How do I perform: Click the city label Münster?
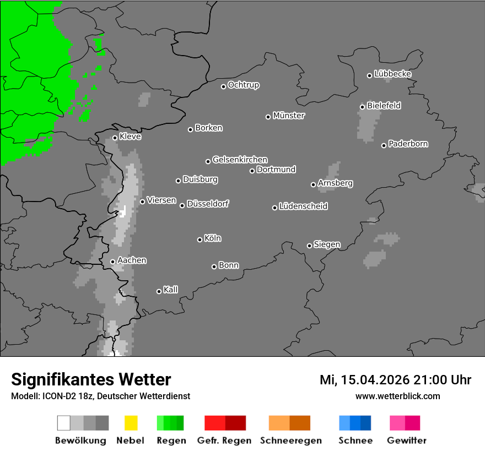pyautogui.click(x=289, y=116)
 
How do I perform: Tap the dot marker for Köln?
pyautogui.click(x=200, y=240)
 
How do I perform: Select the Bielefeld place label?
pyautogui.click(x=384, y=106)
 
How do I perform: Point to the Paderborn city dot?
pyautogui.click(x=384, y=145)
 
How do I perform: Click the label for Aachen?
pyautogui.click(x=132, y=260)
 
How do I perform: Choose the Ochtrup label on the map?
pyautogui.click(x=244, y=85)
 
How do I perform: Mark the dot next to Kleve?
pyautogui.click(x=115, y=138)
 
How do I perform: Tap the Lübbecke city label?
pyautogui.click(x=393, y=74)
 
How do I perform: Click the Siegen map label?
pyautogui.click(x=327, y=244)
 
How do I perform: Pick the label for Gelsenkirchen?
pyautogui.click(x=240, y=160)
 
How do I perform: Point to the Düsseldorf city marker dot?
pyautogui.click(x=182, y=205)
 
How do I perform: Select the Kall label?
pyautogui.click(x=171, y=290)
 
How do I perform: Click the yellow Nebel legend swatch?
pyautogui.click(x=131, y=423)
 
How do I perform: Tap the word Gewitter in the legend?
pyautogui.click(x=407, y=440)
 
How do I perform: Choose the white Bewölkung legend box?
pyautogui.click(x=64, y=423)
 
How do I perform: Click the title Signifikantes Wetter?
pyautogui.click(x=91, y=379)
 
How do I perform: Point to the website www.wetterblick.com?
pyautogui.click(x=398, y=396)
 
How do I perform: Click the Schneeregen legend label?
pyautogui.click(x=290, y=440)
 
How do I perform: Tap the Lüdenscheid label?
pyautogui.click(x=303, y=206)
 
